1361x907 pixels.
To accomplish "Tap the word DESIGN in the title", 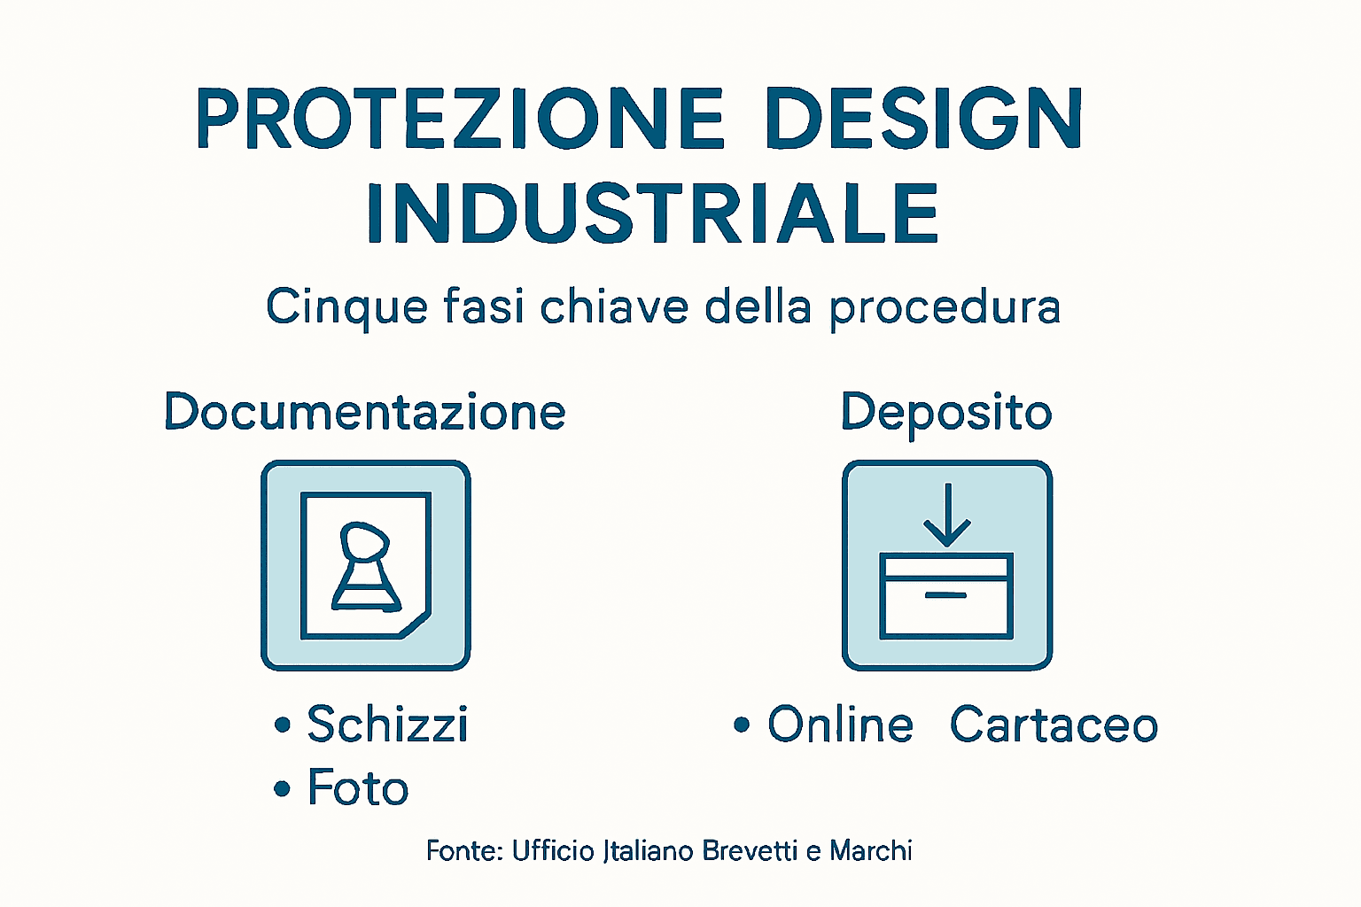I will click(x=922, y=119).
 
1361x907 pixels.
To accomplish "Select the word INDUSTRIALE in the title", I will click(x=653, y=213).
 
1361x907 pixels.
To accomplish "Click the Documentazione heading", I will click(x=365, y=413).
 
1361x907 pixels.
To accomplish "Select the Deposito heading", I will click(x=946, y=414).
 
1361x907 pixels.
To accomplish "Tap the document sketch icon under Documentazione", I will click(x=365, y=565).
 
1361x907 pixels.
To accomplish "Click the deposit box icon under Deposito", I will click(x=946, y=565).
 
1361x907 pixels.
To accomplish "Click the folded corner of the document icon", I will click(x=415, y=624).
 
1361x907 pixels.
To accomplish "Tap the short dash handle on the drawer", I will click(x=945, y=595).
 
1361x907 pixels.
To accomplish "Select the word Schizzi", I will click(x=387, y=725).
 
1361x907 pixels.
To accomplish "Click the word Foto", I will click(x=358, y=788).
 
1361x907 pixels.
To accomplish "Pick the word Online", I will click(x=840, y=725).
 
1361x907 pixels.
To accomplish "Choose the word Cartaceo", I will click(x=1054, y=725).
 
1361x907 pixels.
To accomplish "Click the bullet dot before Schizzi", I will click(x=283, y=725).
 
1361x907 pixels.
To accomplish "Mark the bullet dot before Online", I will click(x=742, y=725).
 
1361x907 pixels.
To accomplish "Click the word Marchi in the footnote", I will click(x=871, y=851).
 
